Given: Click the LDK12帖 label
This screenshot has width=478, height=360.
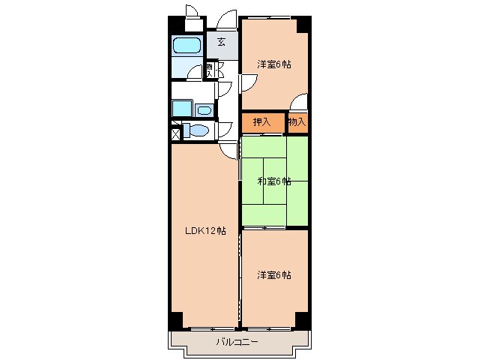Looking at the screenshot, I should [x=205, y=231].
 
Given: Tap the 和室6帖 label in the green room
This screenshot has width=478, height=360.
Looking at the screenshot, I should [x=274, y=181].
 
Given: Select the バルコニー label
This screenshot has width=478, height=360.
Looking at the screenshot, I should [x=238, y=341].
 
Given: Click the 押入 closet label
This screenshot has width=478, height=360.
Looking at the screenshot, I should [x=261, y=121].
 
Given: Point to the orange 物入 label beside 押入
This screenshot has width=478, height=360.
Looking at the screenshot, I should [x=297, y=121].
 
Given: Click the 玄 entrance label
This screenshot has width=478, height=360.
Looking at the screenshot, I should [x=222, y=43].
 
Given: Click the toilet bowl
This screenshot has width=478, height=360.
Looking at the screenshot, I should [x=198, y=130].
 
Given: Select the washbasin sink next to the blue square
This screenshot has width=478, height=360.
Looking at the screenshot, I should [x=205, y=109].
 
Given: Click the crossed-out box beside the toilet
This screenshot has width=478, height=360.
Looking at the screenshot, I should [x=175, y=134].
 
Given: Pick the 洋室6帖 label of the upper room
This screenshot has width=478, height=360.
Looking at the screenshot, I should [x=274, y=64].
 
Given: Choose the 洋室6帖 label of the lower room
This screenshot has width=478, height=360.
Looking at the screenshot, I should [x=274, y=274].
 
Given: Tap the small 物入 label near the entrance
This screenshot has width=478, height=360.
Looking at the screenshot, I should [x=211, y=69].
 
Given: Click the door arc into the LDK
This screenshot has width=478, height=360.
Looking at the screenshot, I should [x=228, y=149].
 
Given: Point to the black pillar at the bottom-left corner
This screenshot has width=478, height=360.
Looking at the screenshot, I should [x=175, y=319].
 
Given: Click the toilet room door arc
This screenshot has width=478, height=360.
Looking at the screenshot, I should [x=224, y=129].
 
